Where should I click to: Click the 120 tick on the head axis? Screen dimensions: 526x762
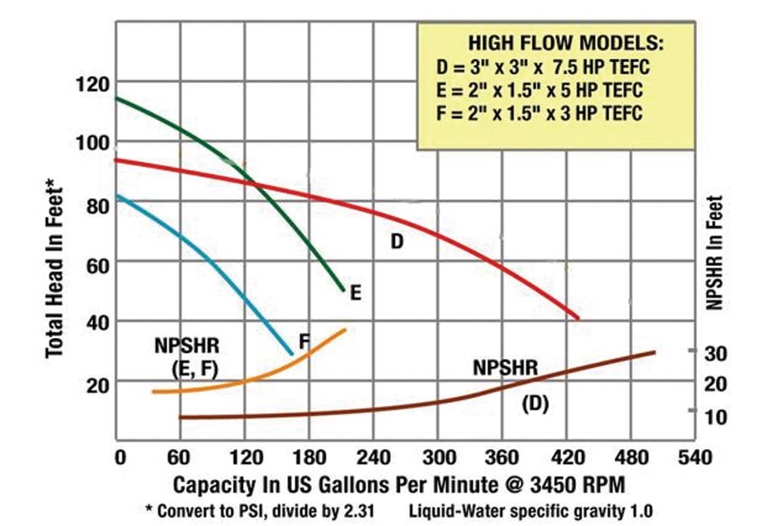point(93,82)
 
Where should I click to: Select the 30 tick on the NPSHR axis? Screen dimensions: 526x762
point(715,353)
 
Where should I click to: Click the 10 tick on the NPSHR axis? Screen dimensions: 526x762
point(715,416)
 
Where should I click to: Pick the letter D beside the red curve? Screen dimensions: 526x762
point(398,242)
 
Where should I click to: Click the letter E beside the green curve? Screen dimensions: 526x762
point(355,292)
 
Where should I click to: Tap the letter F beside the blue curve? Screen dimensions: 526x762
point(304,341)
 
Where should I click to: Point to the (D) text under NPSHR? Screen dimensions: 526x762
point(535,404)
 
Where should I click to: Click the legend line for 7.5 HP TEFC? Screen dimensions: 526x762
point(544,68)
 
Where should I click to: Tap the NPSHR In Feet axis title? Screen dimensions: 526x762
point(716,253)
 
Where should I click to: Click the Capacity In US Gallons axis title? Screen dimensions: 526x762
point(400,484)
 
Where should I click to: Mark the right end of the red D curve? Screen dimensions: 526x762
point(578,318)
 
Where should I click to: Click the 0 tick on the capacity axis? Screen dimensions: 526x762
point(118,458)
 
